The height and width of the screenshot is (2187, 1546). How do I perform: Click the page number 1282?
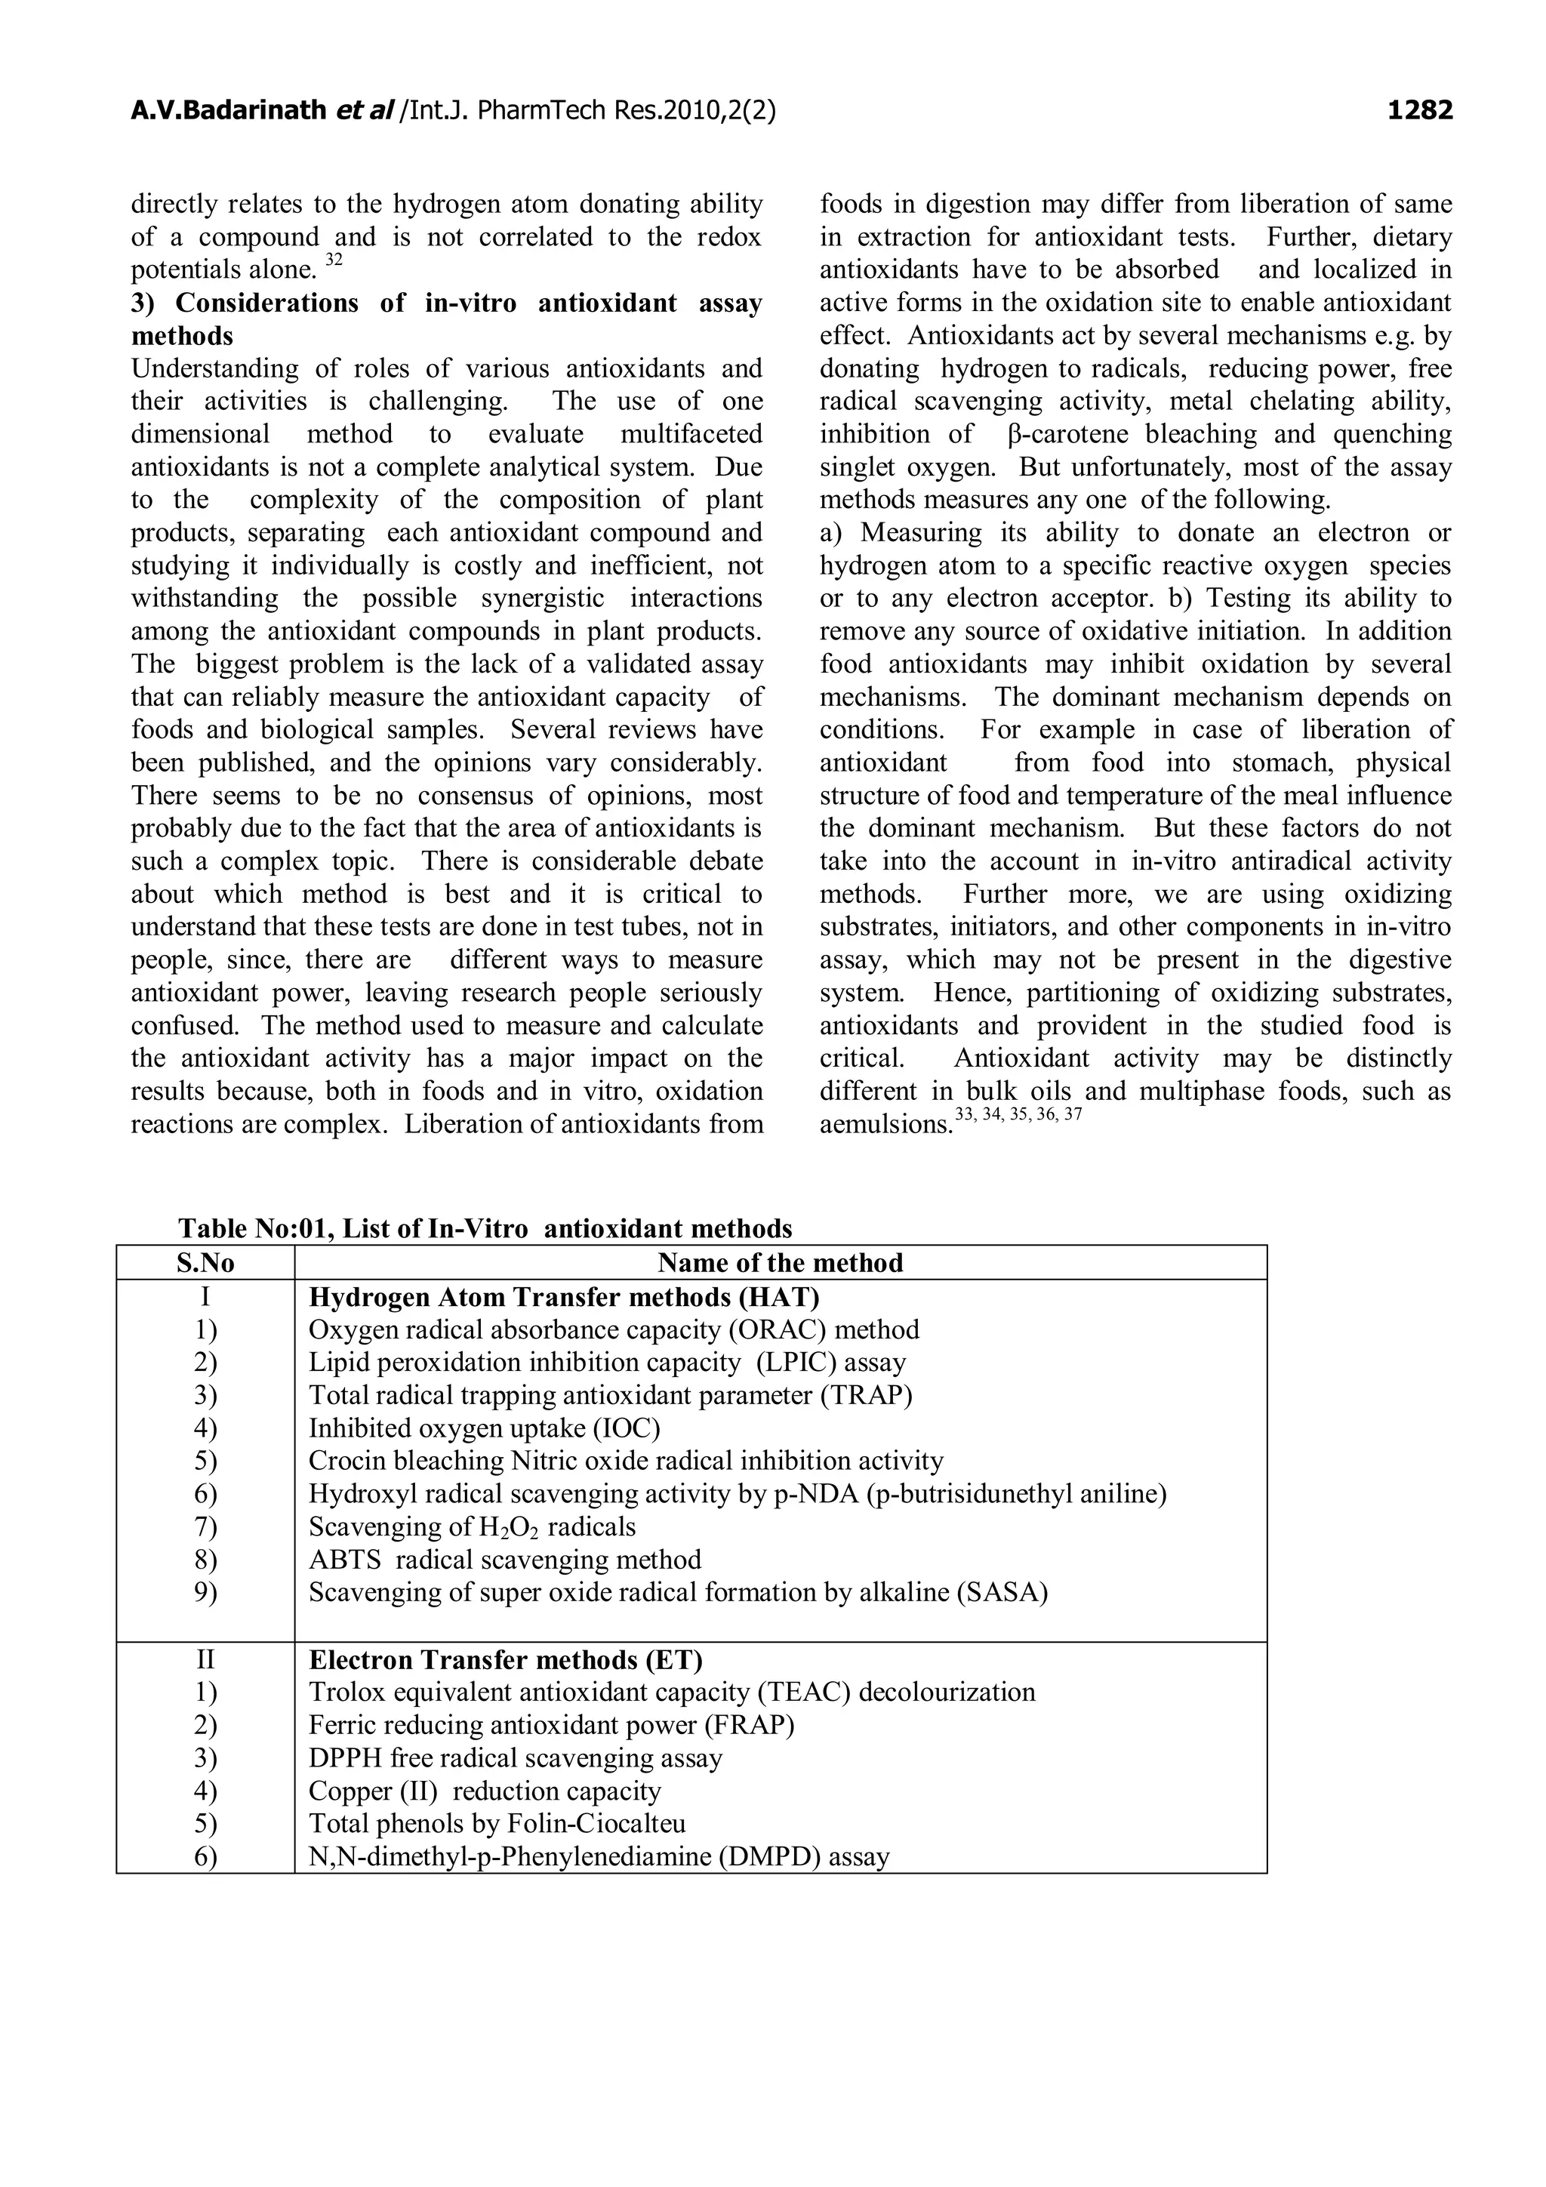[x=1419, y=112]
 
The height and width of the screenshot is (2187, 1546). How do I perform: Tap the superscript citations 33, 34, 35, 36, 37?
[x=1018, y=1114]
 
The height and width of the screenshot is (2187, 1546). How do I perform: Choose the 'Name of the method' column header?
[x=779, y=1263]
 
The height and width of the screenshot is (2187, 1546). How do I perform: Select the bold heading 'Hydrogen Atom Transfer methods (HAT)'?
[x=564, y=1296]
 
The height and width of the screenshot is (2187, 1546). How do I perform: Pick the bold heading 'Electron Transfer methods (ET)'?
[x=505, y=1659]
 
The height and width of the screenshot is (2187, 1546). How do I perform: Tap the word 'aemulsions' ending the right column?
[x=886, y=1125]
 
